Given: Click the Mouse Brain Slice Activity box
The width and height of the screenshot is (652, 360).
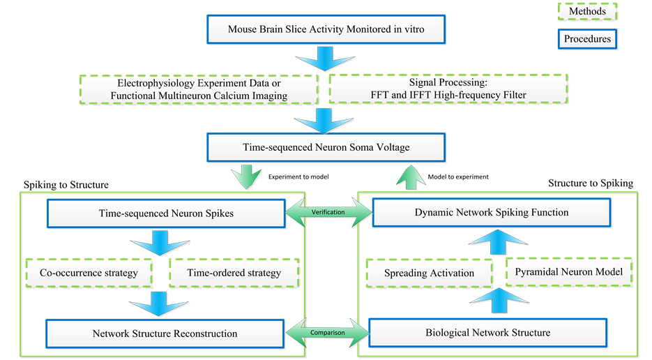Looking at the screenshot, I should (326, 30).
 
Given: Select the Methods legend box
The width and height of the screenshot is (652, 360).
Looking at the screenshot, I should (587, 12).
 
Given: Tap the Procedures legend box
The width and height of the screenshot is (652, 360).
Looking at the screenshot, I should (587, 39).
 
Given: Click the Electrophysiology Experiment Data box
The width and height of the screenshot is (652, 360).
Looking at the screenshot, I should (199, 88).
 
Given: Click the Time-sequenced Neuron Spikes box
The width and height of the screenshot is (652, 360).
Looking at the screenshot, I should (165, 213).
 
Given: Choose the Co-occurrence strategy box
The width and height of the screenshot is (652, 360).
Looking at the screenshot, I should (89, 273).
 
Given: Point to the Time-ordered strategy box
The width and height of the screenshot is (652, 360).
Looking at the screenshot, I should (234, 273).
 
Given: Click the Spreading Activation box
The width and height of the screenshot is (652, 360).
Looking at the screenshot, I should (429, 273).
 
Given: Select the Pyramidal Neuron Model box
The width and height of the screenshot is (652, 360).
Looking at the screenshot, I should (568, 271).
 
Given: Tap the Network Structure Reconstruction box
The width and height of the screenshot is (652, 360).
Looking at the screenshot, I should (165, 333).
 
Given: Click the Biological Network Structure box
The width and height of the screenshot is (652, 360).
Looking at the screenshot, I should (487, 332).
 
